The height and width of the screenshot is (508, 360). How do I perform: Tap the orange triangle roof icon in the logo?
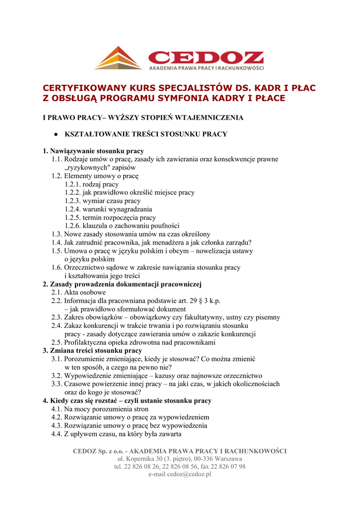tap(119, 58)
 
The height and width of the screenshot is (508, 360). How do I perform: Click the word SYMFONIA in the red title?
tap(190, 98)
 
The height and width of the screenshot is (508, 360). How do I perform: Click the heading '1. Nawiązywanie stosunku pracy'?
tap(93, 151)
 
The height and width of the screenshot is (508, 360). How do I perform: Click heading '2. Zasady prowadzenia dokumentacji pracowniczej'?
tap(122, 284)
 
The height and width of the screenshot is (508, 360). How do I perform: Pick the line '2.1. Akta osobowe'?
tap(78, 293)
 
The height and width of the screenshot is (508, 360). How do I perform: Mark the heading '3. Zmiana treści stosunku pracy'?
tap(92, 351)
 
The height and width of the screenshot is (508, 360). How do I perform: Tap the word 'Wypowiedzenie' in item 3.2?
tap(87, 376)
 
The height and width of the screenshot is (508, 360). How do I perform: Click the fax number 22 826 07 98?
tap(227, 467)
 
